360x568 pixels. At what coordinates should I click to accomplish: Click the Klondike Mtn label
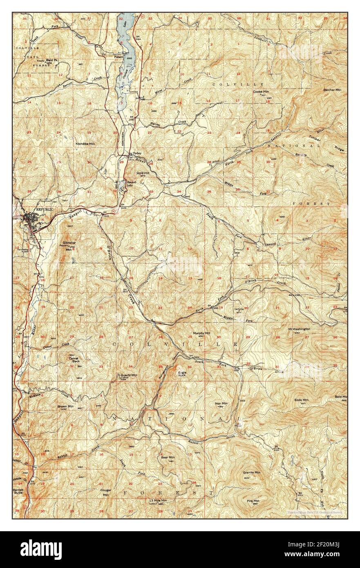click(x=85, y=144)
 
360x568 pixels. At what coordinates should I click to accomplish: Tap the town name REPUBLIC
click(x=45, y=209)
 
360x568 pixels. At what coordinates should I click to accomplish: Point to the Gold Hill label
click(x=143, y=173)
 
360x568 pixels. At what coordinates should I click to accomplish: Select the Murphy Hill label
click(x=201, y=333)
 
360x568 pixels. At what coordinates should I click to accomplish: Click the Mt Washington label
click(x=299, y=329)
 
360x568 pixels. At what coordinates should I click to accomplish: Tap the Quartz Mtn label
click(x=129, y=375)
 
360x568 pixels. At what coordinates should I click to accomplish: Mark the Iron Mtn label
click(x=221, y=403)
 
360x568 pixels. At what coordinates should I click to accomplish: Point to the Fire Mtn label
click(x=253, y=501)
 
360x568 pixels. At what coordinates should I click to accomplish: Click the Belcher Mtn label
click(x=332, y=89)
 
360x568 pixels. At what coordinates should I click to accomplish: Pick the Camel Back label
click(x=74, y=360)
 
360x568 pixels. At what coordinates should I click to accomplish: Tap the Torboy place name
click(x=131, y=154)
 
